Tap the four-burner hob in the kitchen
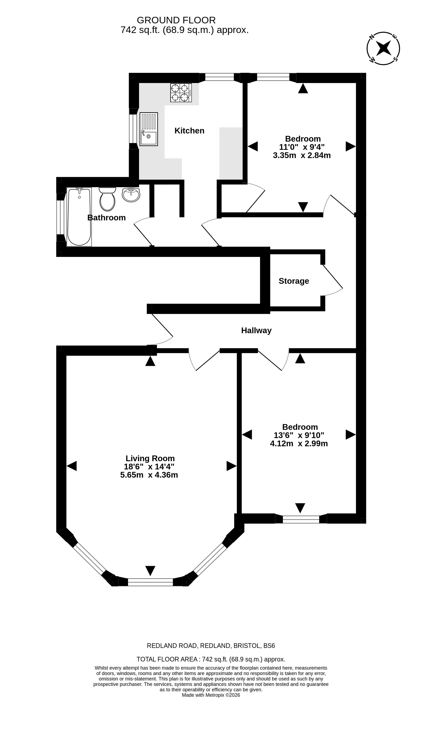click(x=181, y=93)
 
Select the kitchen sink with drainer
click(x=149, y=129)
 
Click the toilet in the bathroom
click(x=107, y=199)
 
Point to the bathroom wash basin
click(x=131, y=194)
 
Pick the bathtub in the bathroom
click(x=79, y=217)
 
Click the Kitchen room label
click(x=189, y=131)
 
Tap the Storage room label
click(x=294, y=281)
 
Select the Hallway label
click(x=256, y=330)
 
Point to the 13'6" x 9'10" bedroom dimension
click(x=299, y=435)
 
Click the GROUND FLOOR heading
click(x=176, y=20)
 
